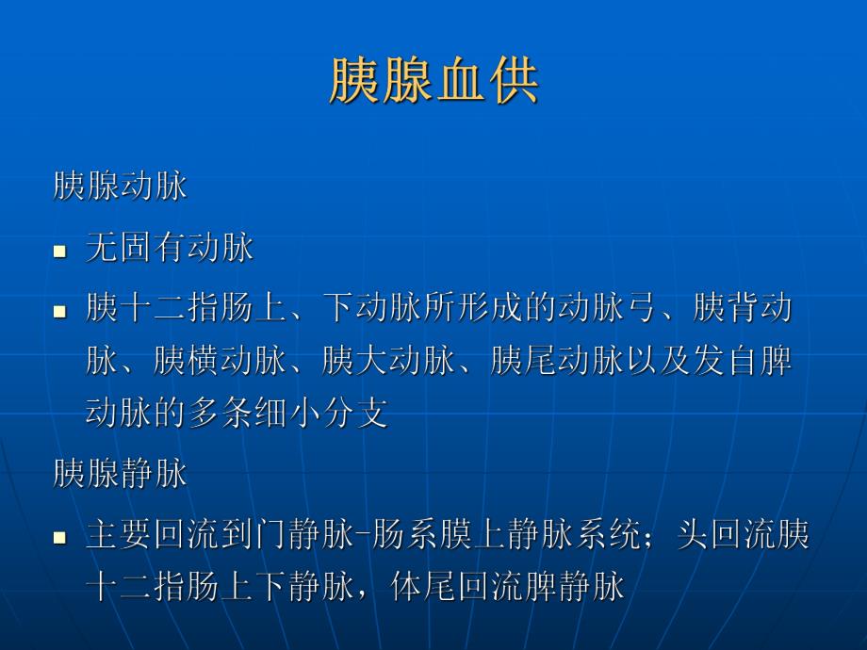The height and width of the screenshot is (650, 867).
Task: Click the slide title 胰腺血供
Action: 433,81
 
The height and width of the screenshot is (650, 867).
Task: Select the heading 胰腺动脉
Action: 120,186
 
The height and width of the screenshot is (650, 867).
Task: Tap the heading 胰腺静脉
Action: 120,474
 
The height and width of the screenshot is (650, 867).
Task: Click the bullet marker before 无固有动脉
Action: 59,252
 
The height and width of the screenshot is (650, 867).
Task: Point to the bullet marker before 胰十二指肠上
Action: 59,311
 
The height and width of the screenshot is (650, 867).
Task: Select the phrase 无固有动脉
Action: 170,248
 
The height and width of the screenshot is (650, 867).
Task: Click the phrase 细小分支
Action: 321,414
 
